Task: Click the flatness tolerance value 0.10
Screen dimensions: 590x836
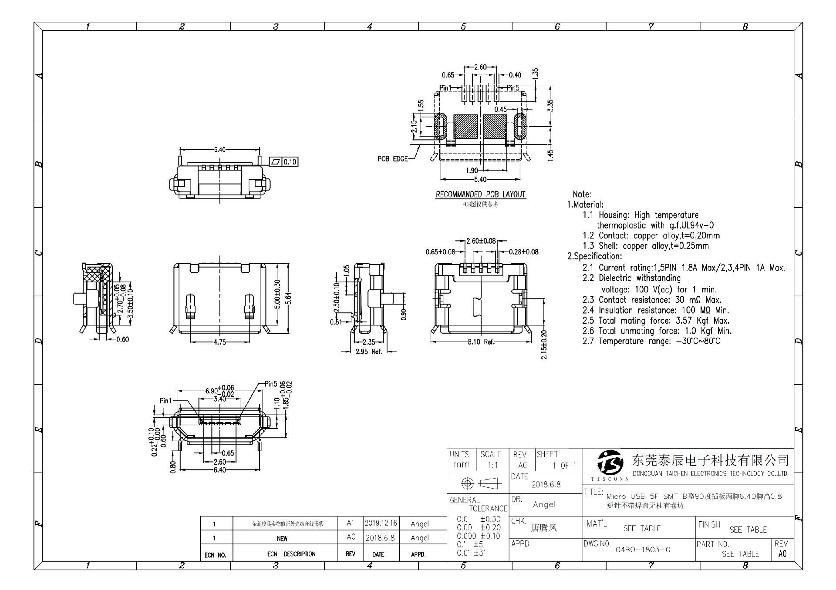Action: [290, 162]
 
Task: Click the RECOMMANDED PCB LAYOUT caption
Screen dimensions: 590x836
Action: [480, 194]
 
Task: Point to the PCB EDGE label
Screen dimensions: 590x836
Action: [392, 159]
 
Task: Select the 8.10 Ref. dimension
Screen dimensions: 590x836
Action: [481, 342]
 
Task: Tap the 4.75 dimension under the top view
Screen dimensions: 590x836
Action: [219, 342]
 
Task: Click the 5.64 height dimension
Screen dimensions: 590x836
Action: [288, 298]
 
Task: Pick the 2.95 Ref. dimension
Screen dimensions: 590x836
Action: [368, 352]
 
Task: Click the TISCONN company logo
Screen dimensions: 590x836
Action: [610, 463]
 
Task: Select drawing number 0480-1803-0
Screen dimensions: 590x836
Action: [643, 550]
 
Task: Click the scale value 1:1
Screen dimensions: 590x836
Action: [492, 466]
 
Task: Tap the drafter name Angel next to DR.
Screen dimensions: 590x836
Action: [544, 505]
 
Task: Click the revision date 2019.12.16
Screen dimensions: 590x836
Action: [381, 523]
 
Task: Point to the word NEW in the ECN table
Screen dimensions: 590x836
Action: [282, 539]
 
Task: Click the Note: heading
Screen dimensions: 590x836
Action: [582, 194]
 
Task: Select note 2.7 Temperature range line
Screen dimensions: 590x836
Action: [651, 341]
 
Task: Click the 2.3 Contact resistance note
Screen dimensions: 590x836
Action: [651, 300]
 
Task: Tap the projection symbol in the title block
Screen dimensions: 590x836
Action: [481, 483]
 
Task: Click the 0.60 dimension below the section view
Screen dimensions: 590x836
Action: [123, 339]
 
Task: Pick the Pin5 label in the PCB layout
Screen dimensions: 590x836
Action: [513, 88]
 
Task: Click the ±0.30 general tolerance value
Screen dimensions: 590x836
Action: [490, 519]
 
